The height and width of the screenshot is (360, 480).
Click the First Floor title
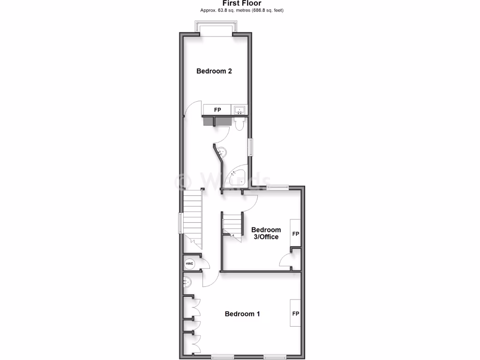242,3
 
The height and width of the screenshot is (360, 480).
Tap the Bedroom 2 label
214,71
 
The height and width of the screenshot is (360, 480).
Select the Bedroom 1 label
242,314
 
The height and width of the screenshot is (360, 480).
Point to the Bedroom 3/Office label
266,233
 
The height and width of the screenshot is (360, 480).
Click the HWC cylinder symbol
190,264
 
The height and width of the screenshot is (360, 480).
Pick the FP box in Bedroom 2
217,110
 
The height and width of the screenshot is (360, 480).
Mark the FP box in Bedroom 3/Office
296,233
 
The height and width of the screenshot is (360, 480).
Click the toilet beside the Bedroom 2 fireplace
239,123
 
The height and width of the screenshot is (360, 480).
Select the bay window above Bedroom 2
216,30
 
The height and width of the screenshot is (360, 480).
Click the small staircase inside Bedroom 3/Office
232,225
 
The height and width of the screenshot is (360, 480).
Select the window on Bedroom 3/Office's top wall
277,187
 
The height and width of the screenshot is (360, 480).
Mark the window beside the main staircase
180,223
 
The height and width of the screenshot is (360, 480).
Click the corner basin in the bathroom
222,151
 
